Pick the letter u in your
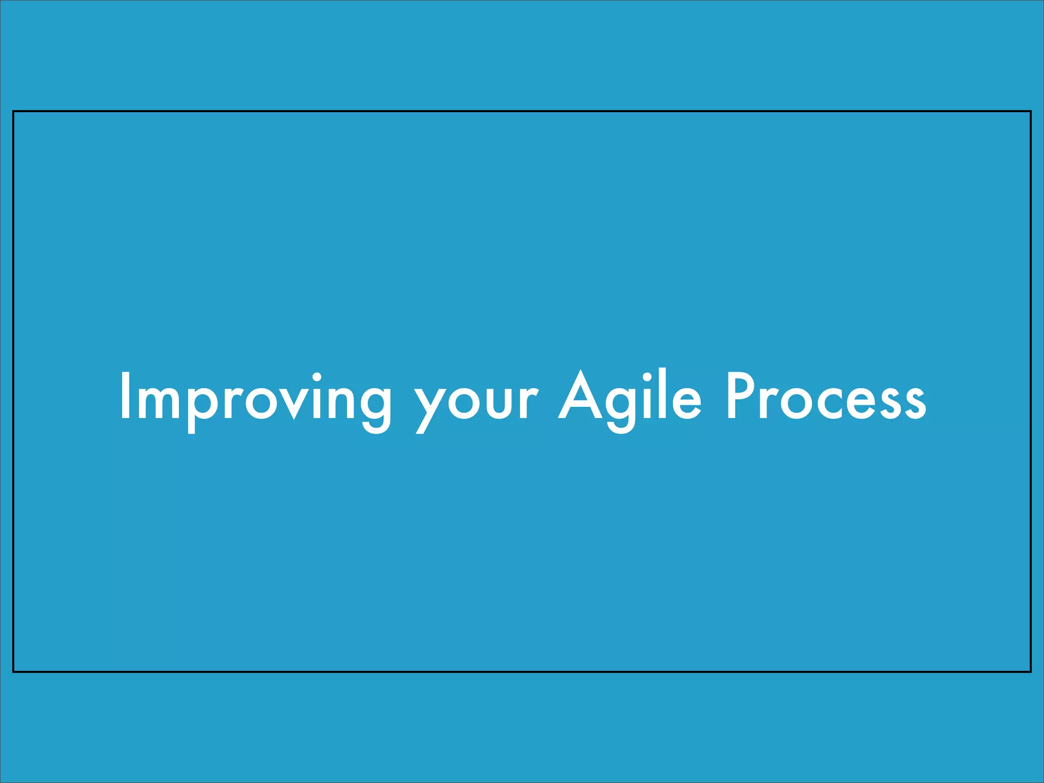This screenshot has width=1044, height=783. coord(499,403)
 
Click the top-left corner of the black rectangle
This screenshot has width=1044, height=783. coord(13,111)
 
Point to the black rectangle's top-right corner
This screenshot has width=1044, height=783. coord(1031,111)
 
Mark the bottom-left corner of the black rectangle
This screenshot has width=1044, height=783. coord(13,672)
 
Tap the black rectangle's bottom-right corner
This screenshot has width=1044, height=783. coord(1031,672)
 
